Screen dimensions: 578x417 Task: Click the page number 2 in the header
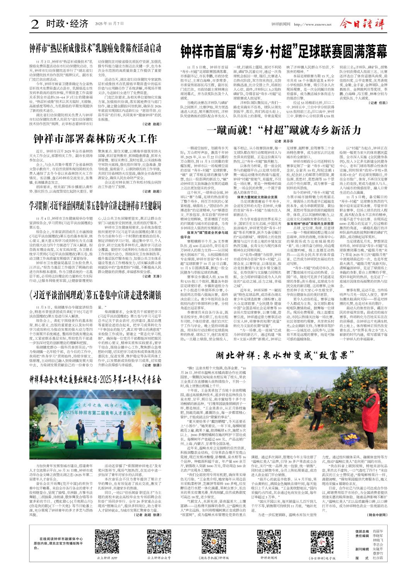35,24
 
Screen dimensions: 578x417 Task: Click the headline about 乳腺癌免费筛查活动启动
96,48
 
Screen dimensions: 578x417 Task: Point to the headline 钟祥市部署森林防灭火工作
95,139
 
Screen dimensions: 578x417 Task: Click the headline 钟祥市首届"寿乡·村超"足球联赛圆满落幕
284,52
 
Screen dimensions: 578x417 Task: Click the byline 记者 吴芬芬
284,142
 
